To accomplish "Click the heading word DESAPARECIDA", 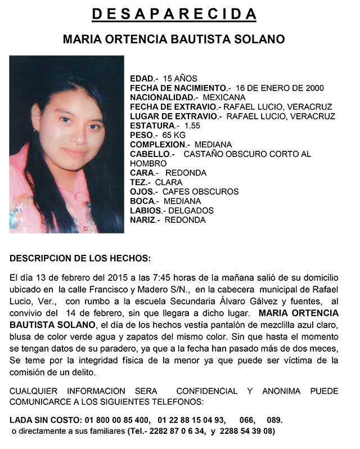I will [x=174, y=14].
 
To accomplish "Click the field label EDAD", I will [x=143, y=79].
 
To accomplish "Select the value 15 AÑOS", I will [x=180, y=79].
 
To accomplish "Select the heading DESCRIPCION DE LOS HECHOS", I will [x=80, y=259].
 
